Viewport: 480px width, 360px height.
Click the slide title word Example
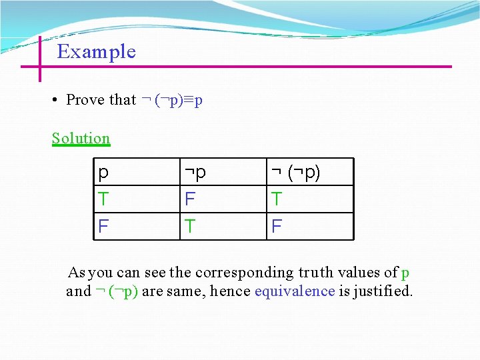[97, 52]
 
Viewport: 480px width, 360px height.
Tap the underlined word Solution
[81, 139]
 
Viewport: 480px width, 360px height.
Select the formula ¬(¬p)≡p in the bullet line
[172, 100]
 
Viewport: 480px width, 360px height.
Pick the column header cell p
[103, 173]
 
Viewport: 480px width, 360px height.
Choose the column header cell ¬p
[195, 173]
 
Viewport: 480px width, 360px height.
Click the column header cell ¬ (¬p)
[295, 173]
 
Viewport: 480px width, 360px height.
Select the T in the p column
[103, 199]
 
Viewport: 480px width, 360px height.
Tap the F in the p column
[103, 227]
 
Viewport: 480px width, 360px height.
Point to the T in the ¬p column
[190, 227]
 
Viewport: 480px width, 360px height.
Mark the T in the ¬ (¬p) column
[277, 199]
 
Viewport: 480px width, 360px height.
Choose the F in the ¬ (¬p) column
[277, 227]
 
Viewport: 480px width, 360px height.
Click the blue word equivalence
[294, 291]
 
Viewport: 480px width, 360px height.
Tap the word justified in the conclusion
[383, 291]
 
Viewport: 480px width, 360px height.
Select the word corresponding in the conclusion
[243, 273]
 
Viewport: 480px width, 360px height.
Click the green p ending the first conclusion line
[405, 273]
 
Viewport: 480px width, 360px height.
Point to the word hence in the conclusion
[233, 291]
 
